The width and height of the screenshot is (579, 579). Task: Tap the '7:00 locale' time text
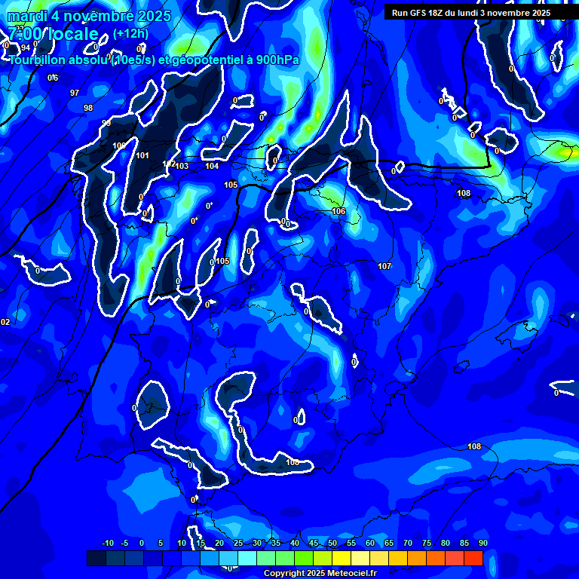(x=53, y=34)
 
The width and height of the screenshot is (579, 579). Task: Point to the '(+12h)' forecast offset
(x=130, y=34)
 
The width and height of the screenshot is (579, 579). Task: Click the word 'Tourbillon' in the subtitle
(x=38, y=60)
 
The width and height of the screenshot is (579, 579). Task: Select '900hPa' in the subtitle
(x=274, y=60)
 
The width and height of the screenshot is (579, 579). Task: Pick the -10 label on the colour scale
(x=108, y=543)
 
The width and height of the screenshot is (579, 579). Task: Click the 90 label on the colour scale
(x=482, y=543)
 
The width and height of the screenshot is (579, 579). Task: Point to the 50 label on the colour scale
(x=332, y=543)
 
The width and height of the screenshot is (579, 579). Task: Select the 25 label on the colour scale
(x=237, y=543)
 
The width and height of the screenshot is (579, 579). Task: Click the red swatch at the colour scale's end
(x=473, y=558)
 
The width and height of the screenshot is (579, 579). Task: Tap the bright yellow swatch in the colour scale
(x=342, y=558)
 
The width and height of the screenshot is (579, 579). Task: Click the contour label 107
(x=384, y=266)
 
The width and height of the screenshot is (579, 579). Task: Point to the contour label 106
(x=339, y=212)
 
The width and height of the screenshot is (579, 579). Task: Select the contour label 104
(x=212, y=167)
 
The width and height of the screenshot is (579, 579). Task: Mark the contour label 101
(x=142, y=156)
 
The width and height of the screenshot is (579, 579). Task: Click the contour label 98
(x=88, y=108)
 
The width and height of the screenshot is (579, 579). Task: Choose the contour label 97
(x=75, y=93)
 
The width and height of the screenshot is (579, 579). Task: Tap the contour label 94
(x=26, y=47)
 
